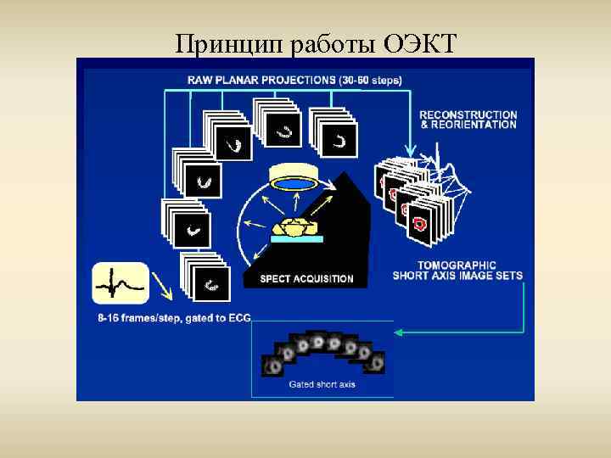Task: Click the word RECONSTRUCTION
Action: tap(468, 114)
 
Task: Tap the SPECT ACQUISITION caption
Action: tap(306, 278)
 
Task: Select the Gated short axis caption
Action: tap(322, 384)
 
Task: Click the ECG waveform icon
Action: tap(121, 283)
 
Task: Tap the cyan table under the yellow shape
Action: tap(296, 241)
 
